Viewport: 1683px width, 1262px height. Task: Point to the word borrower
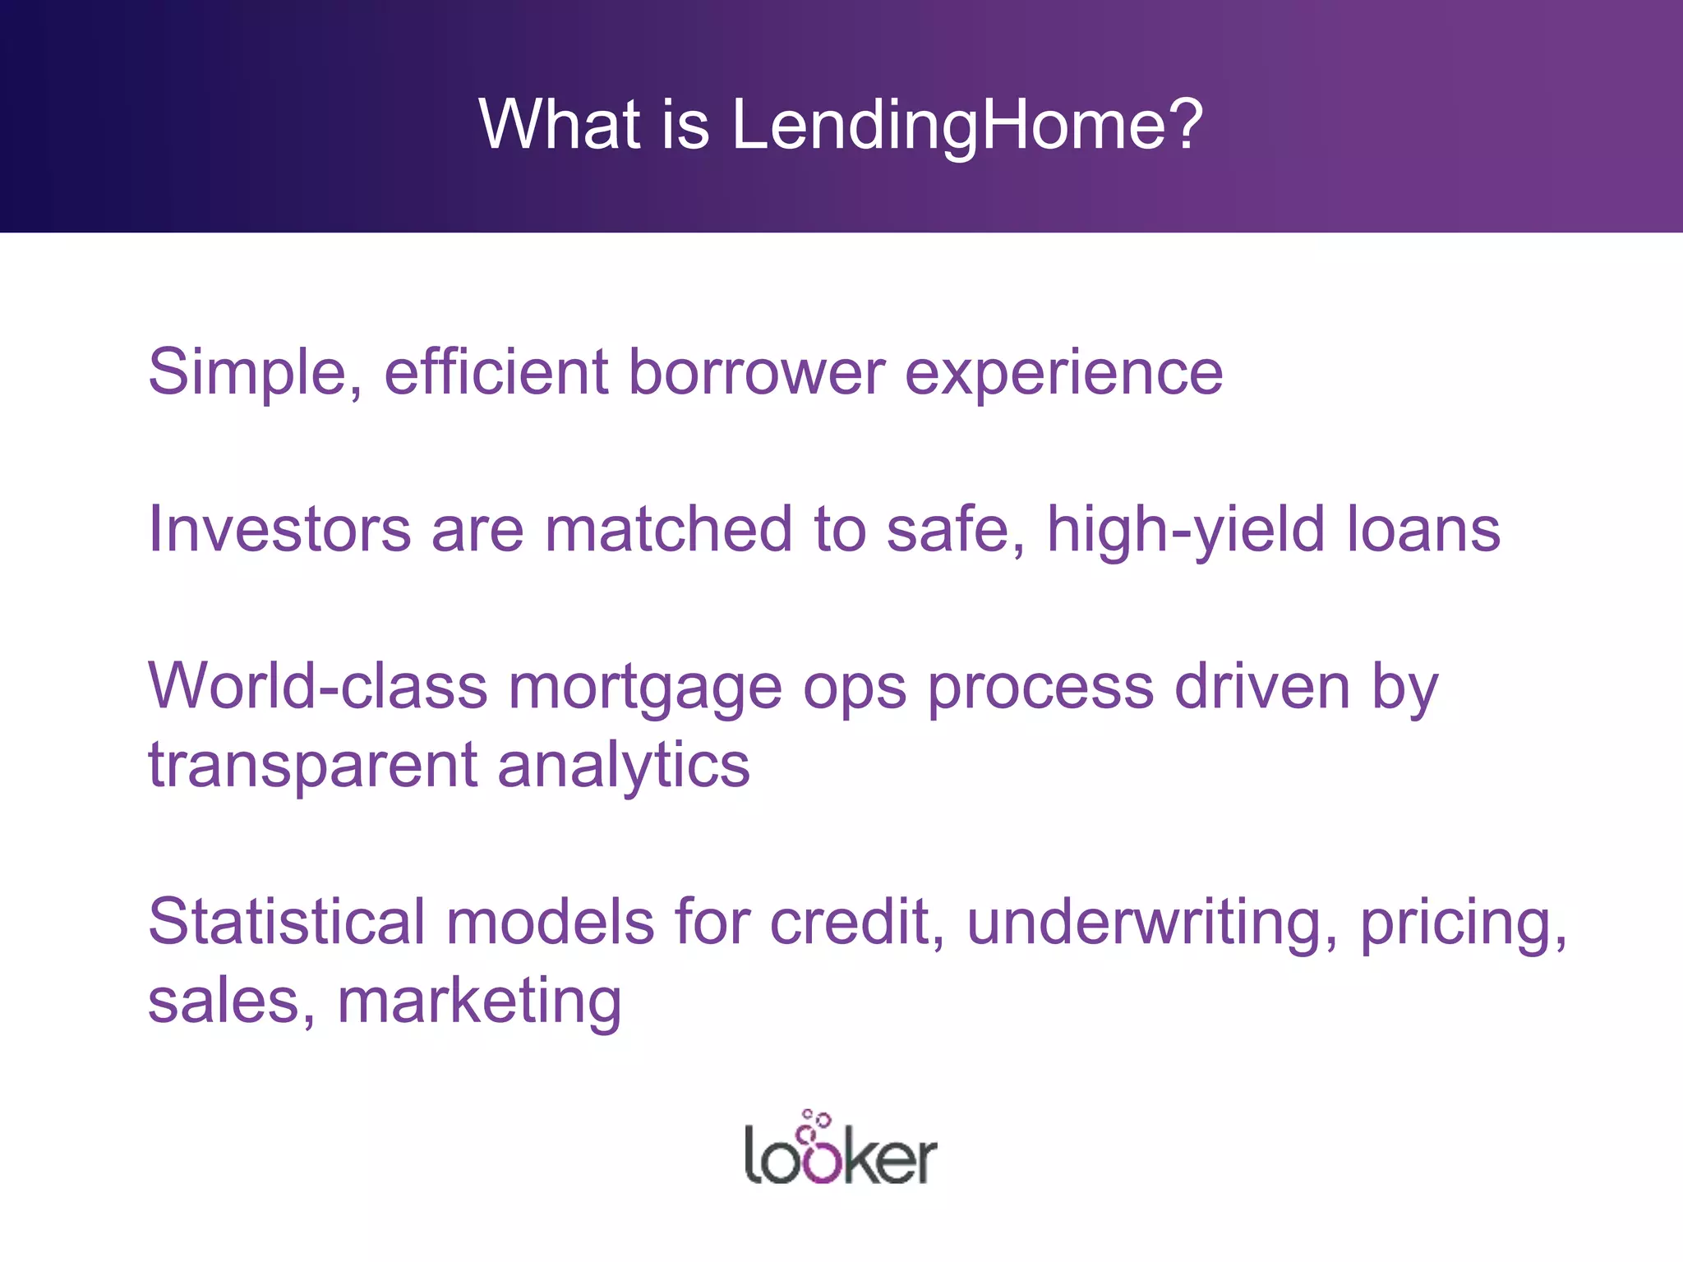[757, 371]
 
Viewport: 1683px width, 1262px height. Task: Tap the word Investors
[279, 529]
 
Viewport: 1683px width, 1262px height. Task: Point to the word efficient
[496, 371]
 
